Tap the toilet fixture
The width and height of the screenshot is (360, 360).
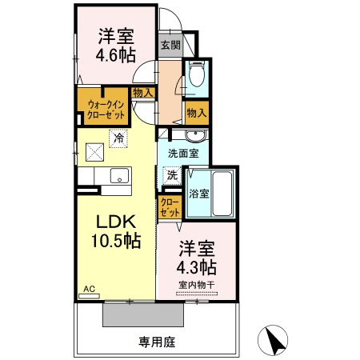coord(198,78)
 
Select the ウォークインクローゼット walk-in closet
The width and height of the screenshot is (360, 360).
coord(102,108)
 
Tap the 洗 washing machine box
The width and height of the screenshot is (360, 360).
coord(171,174)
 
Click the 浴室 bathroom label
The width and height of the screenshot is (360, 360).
coord(198,193)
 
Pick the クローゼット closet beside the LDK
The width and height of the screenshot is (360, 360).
coord(169,208)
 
